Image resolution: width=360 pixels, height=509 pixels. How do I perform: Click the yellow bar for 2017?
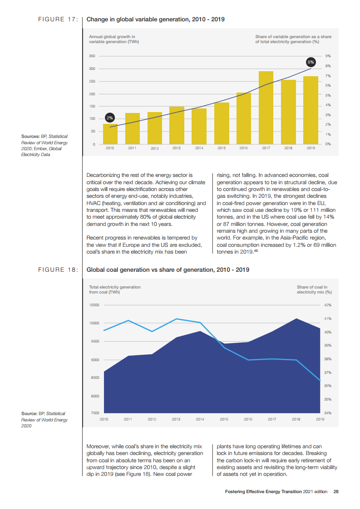pos(266,108)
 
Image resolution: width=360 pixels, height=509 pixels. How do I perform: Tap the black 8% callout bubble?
pos(311,62)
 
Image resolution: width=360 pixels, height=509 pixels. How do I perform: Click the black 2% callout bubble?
pos(109,118)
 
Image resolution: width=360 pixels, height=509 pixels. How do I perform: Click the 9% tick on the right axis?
pos(328,56)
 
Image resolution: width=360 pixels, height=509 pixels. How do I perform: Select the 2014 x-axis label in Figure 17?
pos(199,148)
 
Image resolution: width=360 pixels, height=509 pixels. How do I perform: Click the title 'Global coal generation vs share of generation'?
pos(168,269)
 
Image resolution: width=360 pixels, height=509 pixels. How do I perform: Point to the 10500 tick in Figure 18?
pos(94,305)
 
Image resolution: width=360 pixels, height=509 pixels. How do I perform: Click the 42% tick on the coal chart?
pos(327,305)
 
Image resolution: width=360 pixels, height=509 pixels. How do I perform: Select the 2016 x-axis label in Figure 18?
pos(248,419)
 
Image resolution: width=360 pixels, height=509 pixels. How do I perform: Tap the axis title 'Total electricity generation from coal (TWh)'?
pos(114,289)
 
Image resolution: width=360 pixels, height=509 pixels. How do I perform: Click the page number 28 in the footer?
pos(336,491)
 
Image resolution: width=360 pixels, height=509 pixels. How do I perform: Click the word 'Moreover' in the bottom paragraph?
pos(97,446)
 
